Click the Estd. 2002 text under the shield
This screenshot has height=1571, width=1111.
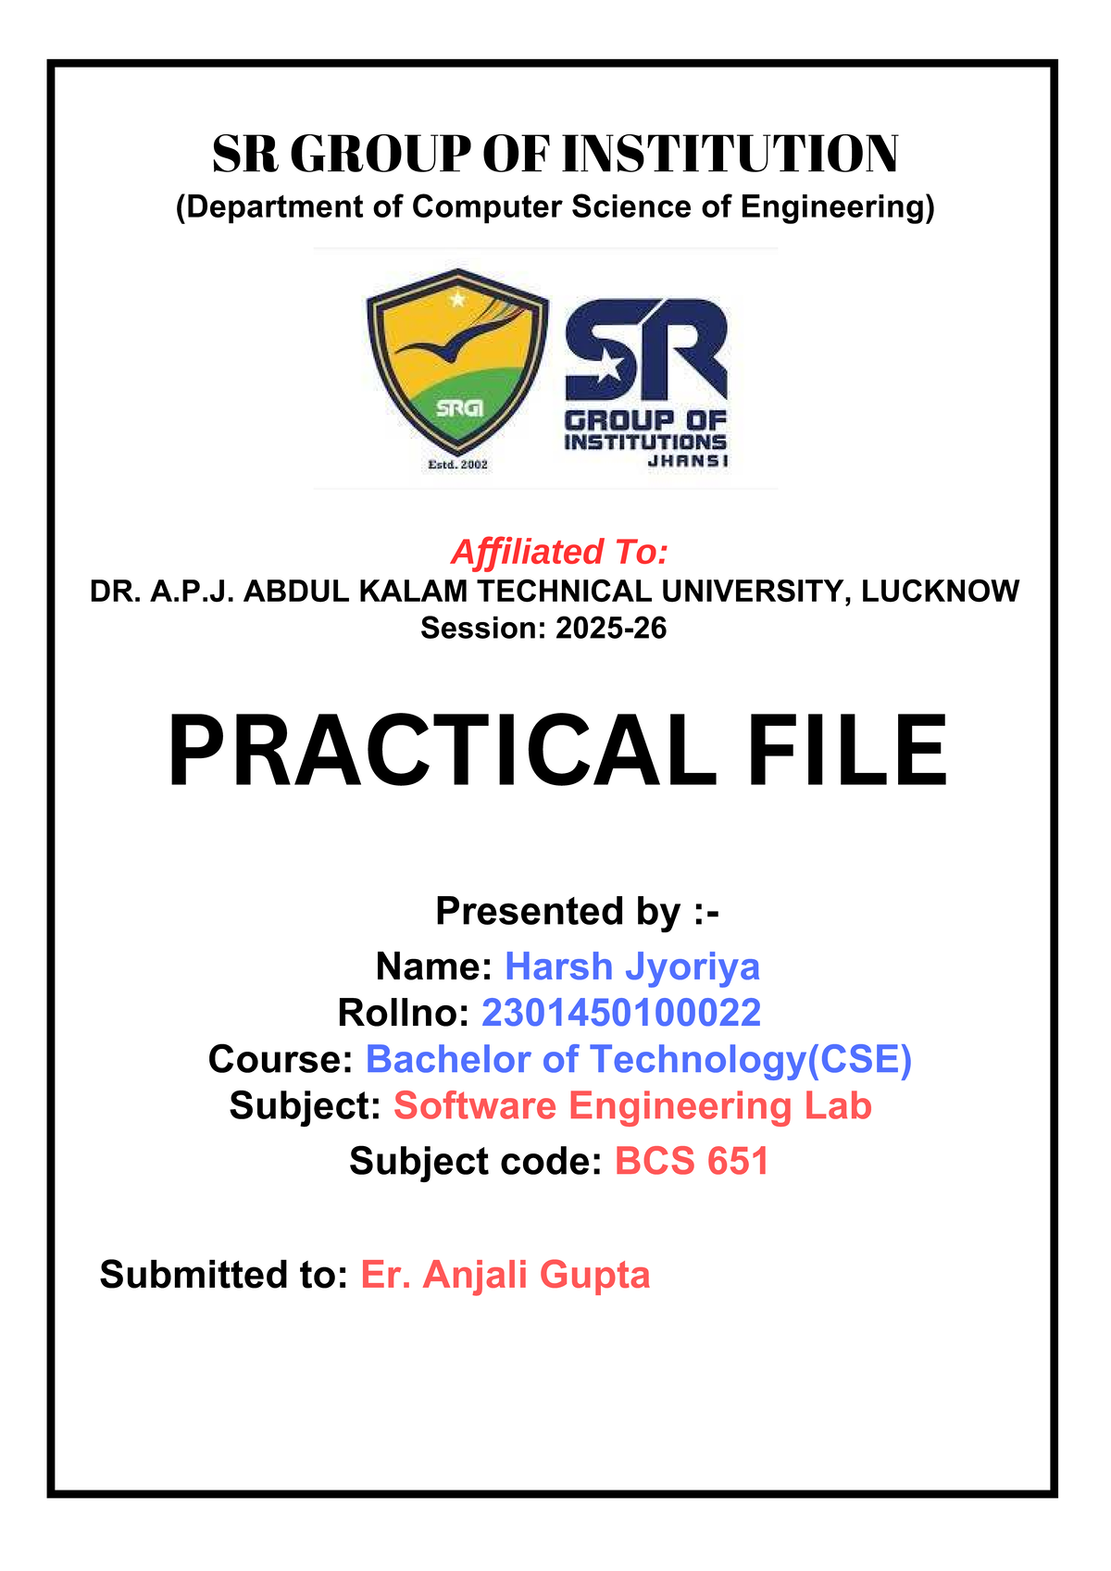pyautogui.click(x=457, y=465)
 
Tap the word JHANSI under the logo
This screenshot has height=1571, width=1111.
pyautogui.click(x=687, y=461)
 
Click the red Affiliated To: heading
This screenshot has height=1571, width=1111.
pyautogui.click(x=559, y=552)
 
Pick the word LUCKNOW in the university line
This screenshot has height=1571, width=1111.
pyautogui.click(x=940, y=591)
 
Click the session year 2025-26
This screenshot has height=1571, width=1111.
pyautogui.click(x=610, y=628)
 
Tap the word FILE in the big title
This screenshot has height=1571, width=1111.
pyautogui.click(x=847, y=751)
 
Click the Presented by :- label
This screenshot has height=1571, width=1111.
pyautogui.click(x=577, y=911)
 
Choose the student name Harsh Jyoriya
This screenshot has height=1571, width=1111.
pyautogui.click(x=632, y=967)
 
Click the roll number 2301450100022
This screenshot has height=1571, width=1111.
pyautogui.click(x=620, y=1013)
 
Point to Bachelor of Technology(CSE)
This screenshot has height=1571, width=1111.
pyautogui.click(x=638, y=1059)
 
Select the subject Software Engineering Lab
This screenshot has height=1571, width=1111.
pyautogui.click(x=632, y=1106)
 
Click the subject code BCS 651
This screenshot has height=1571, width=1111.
pyautogui.click(x=692, y=1161)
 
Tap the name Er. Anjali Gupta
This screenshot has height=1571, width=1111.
pyautogui.click(x=505, y=1275)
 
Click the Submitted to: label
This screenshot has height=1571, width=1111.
pyautogui.click(x=224, y=1275)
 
